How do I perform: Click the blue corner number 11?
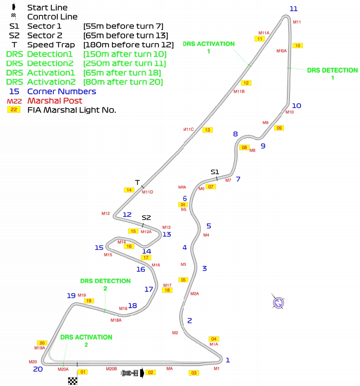293,9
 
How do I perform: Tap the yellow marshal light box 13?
207,130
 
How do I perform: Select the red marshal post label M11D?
147,192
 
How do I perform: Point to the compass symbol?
279,302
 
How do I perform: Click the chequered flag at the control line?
73,381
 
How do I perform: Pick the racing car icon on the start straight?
130,373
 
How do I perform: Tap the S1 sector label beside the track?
215,172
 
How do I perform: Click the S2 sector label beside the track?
146,218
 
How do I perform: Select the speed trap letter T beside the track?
137,182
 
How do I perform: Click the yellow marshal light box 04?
214,339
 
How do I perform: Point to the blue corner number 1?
227,360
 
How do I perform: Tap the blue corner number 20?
38,369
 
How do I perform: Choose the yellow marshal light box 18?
167,290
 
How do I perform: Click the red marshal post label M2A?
194,294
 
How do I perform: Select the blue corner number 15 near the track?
99,248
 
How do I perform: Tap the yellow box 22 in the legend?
14,110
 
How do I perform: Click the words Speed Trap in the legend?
51,45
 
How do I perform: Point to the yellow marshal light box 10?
298,45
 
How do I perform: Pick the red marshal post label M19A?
39,348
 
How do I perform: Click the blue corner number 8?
235,134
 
